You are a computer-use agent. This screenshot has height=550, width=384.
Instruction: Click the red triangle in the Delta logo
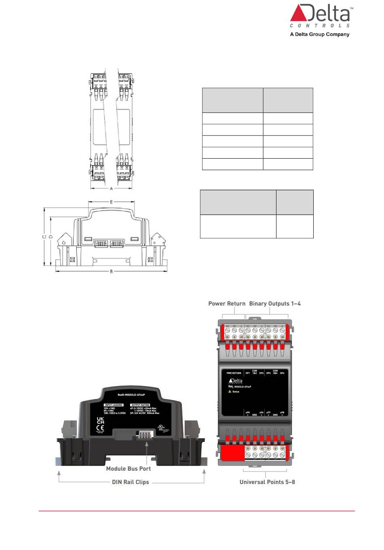point(299,14)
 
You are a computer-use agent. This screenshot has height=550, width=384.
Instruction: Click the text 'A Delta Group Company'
point(319,34)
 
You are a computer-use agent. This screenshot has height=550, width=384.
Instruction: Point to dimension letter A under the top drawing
point(112,189)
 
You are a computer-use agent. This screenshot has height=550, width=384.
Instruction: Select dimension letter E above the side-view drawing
point(112,202)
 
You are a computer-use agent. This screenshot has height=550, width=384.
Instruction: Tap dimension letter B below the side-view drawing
point(112,272)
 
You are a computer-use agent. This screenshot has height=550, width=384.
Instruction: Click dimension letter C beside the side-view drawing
point(44,237)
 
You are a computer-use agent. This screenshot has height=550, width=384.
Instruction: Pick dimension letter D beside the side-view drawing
point(51,237)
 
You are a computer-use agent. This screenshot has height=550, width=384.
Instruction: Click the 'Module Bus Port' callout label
point(128,469)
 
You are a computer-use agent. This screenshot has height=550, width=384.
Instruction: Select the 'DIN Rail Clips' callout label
point(130,482)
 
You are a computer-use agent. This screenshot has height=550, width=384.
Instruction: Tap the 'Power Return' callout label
point(227,304)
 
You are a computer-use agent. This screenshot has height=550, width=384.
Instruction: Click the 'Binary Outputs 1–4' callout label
point(275,304)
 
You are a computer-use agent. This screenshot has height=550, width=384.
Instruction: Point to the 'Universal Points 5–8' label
point(267,482)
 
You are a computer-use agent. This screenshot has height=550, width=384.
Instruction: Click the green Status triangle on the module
point(230,391)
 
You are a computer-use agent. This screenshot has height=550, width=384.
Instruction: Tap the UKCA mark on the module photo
point(100,420)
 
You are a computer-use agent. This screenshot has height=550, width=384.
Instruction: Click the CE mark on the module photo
point(100,428)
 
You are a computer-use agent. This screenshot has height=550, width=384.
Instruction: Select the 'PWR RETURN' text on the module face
point(234,373)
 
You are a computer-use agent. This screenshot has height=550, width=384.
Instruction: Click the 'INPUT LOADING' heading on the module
point(114,405)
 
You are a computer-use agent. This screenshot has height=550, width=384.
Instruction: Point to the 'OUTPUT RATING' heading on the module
point(140,405)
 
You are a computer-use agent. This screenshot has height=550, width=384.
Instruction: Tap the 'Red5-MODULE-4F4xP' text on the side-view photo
point(131,395)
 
